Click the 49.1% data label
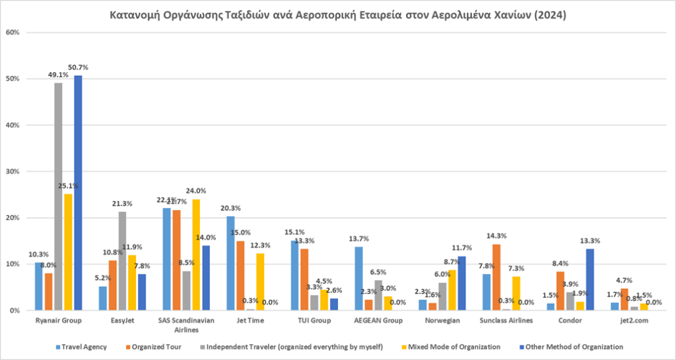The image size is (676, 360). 58,75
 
